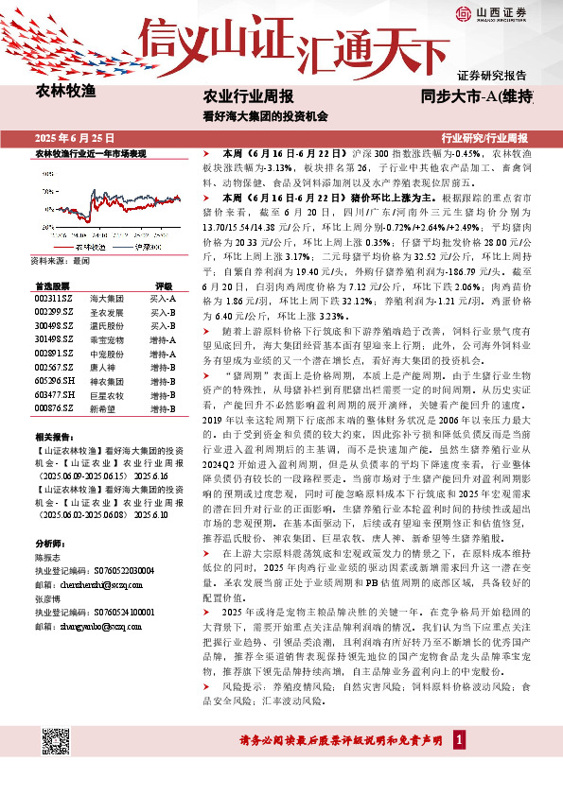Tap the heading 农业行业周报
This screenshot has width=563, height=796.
(x=249, y=96)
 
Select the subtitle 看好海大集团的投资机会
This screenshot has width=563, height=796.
(x=265, y=117)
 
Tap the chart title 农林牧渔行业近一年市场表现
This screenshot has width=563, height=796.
(x=91, y=152)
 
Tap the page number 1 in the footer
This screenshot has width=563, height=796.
(x=459, y=739)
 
